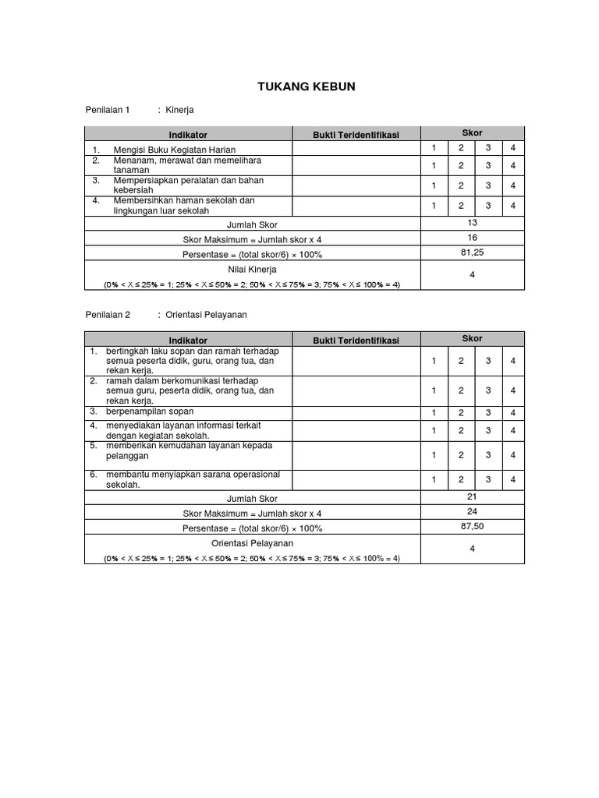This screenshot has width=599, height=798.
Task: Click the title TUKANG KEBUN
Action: click(306, 87)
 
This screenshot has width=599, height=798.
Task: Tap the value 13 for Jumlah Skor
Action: click(473, 223)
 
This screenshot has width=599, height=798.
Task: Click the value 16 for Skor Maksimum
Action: click(473, 238)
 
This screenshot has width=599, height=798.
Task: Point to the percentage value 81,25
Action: click(473, 253)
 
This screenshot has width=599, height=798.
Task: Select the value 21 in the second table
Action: click(473, 496)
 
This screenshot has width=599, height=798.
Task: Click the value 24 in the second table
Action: click(473, 511)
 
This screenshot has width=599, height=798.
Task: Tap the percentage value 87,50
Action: click(473, 527)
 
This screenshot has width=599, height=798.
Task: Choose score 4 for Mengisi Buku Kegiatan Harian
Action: click(512, 148)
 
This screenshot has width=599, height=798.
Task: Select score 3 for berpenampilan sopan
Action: click(487, 412)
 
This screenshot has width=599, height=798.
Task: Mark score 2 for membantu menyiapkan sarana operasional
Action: click(461, 479)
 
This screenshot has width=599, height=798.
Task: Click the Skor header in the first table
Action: click(472, 133)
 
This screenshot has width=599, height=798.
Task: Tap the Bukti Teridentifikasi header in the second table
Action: click(356, 340)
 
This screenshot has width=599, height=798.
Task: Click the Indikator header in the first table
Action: click(188, 135)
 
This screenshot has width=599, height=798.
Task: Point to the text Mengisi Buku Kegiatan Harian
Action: click(175, 149)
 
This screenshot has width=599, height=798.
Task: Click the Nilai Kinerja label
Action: click(252, 269)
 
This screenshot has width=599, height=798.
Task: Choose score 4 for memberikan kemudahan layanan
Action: click(512, 454)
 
